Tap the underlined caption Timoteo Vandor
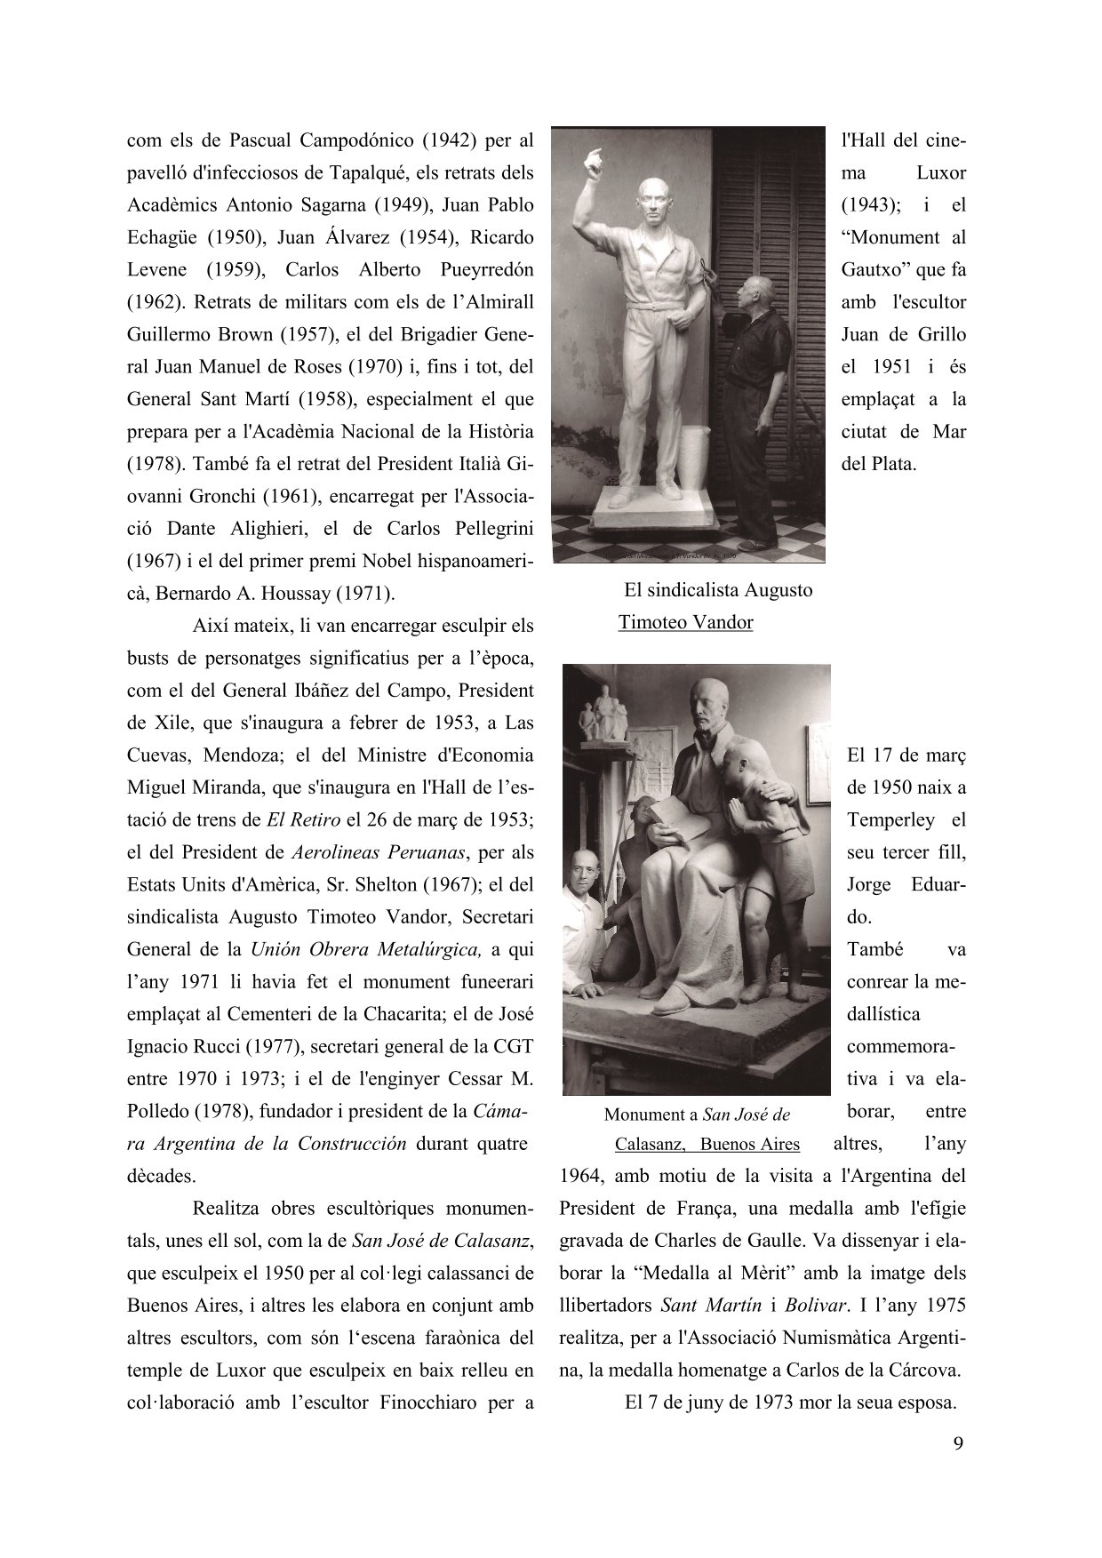click(x=685, y=622)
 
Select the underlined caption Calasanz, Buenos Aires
click(x=707, y=1144)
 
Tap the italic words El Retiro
click(x=295, y=819)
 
